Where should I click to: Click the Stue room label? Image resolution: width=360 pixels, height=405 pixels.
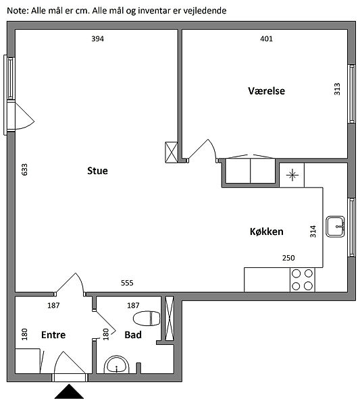pyautogui.click(x=97, y=171)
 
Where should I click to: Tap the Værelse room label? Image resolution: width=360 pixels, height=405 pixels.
pyautogui.click(x=266, y=91)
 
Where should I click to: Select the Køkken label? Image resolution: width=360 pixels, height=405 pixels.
pyautogui.click(x=266, y=232)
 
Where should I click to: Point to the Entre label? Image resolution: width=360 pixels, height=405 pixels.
pyautogui.click(x=53, y=335)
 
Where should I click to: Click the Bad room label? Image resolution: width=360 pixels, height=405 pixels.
pyautogui.click(x=133, y=335)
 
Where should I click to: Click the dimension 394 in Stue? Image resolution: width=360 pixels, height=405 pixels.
pyautogui.click(x=98, y=38)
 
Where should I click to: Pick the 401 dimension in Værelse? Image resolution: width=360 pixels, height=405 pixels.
pyautogui.click(x=266, y=38)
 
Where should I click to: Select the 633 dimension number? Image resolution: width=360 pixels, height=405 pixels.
pyautogui.click(x=24, y=169)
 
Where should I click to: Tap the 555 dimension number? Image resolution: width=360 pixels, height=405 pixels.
pyautogui.click(x=127, y=283)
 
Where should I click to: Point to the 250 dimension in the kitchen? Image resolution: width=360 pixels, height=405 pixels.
pyautogui.click(x=288, y=258)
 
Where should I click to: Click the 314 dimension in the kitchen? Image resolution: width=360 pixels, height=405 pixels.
pyautogui.click(x=313, y=232)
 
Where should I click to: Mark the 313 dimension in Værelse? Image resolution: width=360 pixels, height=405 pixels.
pyautogui.click(x=337, y=89)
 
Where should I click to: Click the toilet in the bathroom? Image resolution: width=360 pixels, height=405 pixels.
pyautogui.click(x=147, y=319)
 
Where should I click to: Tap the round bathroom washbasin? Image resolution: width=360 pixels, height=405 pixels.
pyautogui.click(x=117, y=365)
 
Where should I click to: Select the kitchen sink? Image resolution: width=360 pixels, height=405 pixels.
pyautogui.click(x=335, y=227)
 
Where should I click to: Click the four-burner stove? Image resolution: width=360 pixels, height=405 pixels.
pyautogui.click(x=303, y=280)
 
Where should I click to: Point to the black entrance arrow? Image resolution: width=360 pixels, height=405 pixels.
pyautogui.click(x=69, y=391)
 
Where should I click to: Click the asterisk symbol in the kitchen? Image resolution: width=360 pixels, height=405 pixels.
pyautogui.click(x=292, y=175)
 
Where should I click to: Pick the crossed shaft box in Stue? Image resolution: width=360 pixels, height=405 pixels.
pyautogui.click(x=172, y=153)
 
